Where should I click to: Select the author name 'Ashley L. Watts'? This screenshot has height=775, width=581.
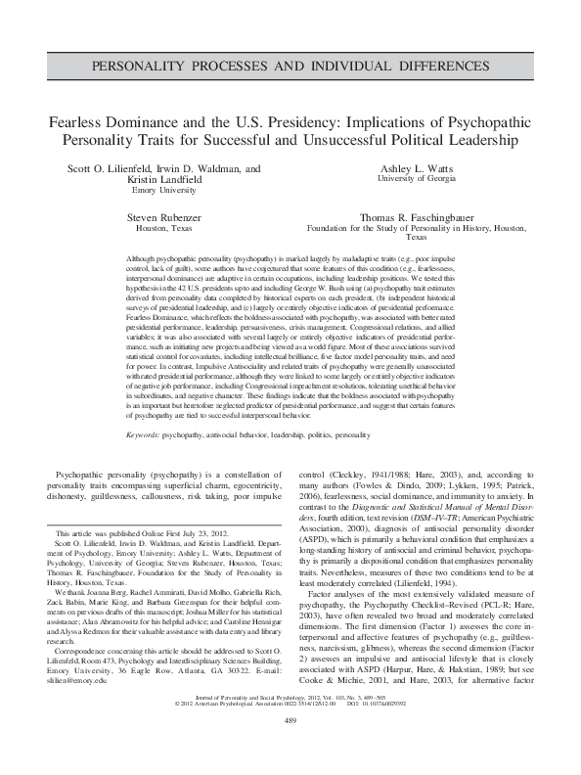417,168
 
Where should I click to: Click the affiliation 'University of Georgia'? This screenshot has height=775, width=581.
417,180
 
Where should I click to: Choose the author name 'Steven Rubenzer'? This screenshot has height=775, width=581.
163,217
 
